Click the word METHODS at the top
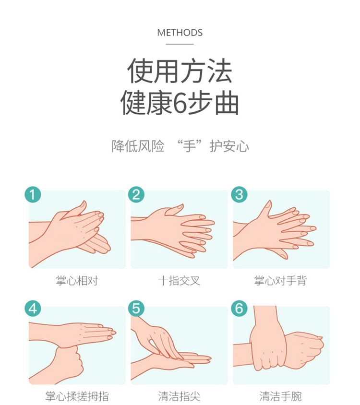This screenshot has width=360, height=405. click(180, 33)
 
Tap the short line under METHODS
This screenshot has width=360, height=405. click(180, 44)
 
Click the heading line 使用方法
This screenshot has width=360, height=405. click(180, 71)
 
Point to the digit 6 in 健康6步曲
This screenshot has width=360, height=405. click(180, 103)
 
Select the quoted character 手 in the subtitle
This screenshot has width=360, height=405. click(190, 147)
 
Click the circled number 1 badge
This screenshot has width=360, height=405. click(33, 194)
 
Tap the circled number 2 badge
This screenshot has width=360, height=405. click(136, 194)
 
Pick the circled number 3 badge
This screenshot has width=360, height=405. click(239, 194)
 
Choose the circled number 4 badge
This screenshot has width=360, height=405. click(33, 309)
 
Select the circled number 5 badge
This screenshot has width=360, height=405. click(136, 309)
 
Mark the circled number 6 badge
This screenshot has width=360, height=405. click(239, 309)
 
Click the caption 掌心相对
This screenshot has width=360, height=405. click(77, 281)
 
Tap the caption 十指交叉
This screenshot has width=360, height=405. click(180, 281)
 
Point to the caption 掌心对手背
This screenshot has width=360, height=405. click(281, 281)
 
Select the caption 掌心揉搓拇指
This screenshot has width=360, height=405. click(77, 396)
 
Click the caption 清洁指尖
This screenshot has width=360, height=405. click(180, 396)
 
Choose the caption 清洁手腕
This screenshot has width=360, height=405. click(281, 396)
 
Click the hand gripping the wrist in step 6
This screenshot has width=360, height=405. click(269, 344)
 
